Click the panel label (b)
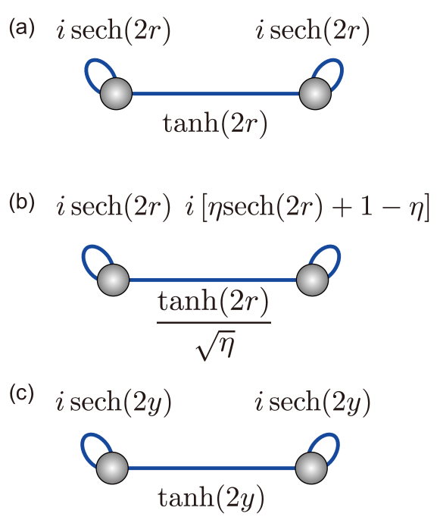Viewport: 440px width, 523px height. click(x=21, y=204)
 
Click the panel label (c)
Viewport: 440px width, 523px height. click(x=21, y=395)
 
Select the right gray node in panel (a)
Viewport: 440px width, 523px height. click(x=315, y=94)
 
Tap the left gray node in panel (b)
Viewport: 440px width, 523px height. click(x=113, y=280)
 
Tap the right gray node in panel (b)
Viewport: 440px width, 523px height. click(x=312, y=280)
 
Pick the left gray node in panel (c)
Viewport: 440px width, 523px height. click(x=113, y=468)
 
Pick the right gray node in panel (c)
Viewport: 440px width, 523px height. click(x=312, y=468)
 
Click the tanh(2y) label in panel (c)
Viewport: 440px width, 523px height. click(x=212, y=497)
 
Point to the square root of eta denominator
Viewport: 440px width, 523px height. click(x=214, y=346)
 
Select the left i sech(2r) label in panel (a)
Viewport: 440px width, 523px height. click(x=114, y=31)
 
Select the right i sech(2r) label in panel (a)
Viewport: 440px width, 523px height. click(x=313, y=31)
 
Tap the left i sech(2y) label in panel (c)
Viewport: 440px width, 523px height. click(x=114, y=402)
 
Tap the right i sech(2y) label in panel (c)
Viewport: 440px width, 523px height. click(x=313, y=402)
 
